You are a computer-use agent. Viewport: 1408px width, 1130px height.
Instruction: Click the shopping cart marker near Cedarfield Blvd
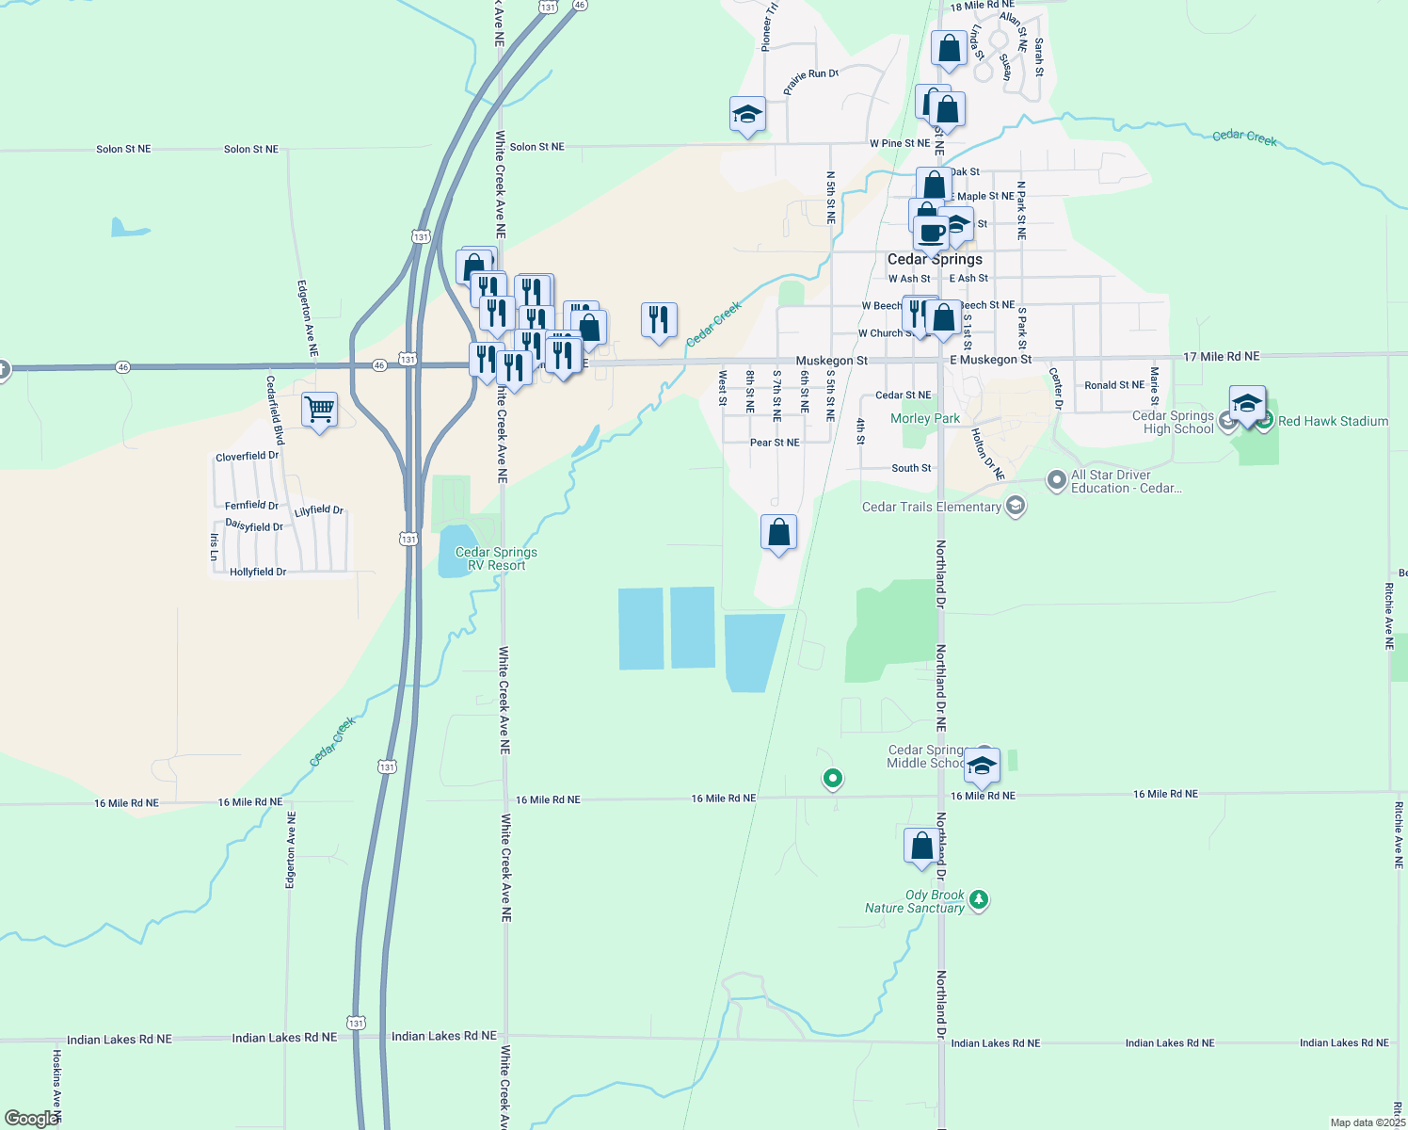tap(320, 411)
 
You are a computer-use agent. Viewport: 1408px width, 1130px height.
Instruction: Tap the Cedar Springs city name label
tap(935, 259)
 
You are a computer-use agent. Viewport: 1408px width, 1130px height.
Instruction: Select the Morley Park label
tap(925, 418)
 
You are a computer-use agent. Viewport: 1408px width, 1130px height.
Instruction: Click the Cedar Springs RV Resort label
tap(496, 558)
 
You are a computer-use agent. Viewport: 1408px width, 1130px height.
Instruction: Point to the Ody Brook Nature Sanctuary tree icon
tap(979, 900)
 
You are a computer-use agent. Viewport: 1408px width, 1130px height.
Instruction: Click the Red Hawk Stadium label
tap(1333, 421)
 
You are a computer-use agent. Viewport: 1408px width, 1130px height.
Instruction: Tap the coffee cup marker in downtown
tap(931, 234)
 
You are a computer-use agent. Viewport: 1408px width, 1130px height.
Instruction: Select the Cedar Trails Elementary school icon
tap(1015, 507)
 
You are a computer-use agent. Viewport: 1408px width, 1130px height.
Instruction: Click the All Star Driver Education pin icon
tap(1057, 480)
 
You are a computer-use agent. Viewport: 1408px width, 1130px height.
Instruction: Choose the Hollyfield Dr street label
tap(258, 572)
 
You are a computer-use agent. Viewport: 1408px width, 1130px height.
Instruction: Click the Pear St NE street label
tap(775, 443)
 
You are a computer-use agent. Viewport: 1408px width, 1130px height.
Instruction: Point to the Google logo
tap(31, 1119)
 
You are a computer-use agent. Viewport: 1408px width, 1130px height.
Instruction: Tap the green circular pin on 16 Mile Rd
tap(832, 779)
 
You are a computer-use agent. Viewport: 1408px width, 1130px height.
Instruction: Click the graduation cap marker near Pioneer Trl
tap(747, 115)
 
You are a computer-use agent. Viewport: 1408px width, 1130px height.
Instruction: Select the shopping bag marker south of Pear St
tap(778, 533)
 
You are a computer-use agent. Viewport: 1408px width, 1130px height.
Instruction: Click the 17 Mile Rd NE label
tap(1221, 357)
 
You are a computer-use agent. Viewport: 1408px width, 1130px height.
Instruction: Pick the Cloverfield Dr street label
tap(248, 457)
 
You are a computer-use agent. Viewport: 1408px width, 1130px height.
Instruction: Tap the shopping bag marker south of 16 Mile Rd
tap(922, 846)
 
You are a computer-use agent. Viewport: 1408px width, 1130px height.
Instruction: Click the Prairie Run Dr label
tap(810, 80)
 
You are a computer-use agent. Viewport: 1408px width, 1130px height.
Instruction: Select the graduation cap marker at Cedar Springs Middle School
tap(982, 766)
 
